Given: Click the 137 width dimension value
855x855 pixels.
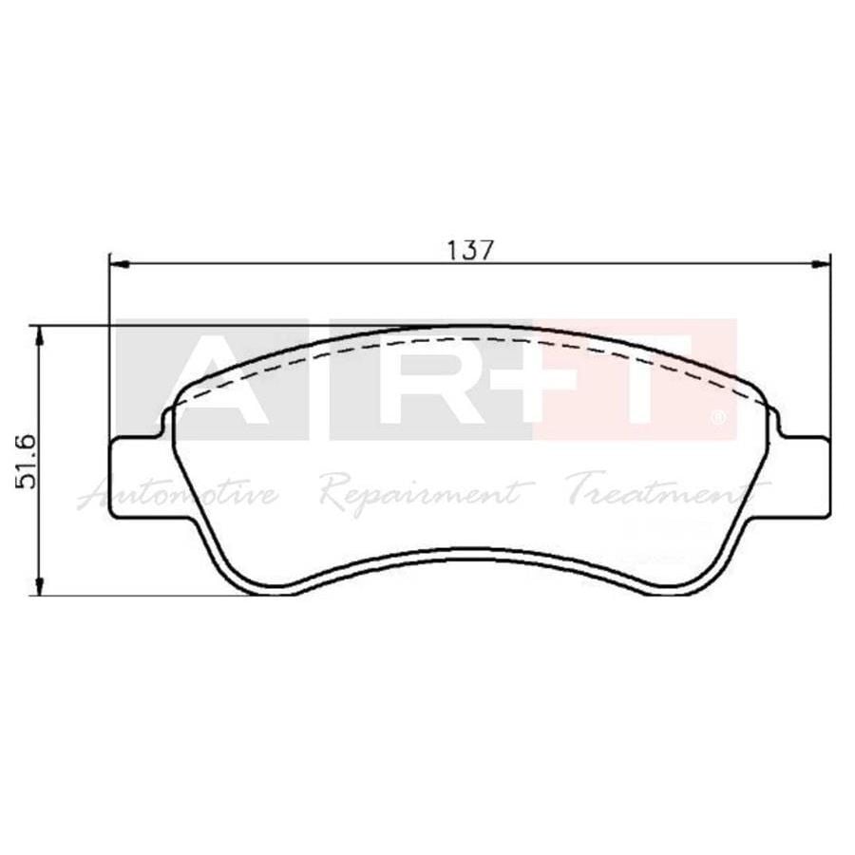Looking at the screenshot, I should tap(470, 250).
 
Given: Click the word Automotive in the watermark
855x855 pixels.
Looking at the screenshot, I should tap(180, 493).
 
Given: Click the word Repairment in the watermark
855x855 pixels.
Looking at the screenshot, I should tap(423, 493).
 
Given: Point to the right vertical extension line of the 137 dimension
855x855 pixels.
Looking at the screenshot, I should tap(830, 342).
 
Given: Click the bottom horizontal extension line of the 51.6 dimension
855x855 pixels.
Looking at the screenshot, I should tap(142, 596).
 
